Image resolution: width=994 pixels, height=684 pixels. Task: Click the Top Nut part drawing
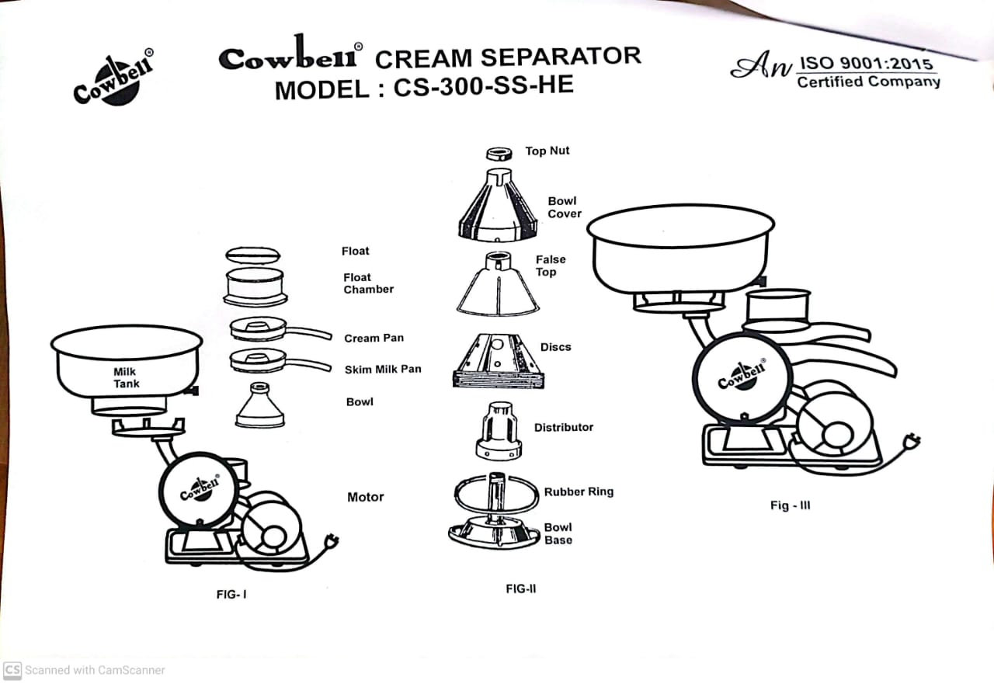499,154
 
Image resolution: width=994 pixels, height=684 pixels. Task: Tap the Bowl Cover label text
564,207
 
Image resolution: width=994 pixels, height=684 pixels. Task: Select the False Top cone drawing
498,284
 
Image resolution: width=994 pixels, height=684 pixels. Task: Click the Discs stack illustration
499,361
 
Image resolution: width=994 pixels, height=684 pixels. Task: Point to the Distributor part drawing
499,431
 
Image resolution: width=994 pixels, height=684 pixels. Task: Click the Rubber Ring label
579,491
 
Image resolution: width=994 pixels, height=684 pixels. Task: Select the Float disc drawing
253,255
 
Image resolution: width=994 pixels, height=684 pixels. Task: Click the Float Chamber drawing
255,286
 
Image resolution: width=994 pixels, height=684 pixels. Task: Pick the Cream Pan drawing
280,329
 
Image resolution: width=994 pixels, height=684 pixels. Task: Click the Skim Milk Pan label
383,369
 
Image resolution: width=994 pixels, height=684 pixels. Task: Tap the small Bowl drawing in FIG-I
259,405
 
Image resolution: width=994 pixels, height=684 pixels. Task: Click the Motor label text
366,497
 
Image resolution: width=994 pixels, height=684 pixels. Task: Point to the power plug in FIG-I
331,542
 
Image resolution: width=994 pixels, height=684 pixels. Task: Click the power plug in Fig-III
912,441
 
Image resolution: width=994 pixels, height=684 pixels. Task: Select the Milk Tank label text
126,377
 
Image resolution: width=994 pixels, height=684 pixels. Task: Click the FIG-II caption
521,589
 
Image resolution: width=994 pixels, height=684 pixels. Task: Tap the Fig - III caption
791,505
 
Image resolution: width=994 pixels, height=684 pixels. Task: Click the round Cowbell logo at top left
114,78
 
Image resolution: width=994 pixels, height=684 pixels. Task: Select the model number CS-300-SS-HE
484,86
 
